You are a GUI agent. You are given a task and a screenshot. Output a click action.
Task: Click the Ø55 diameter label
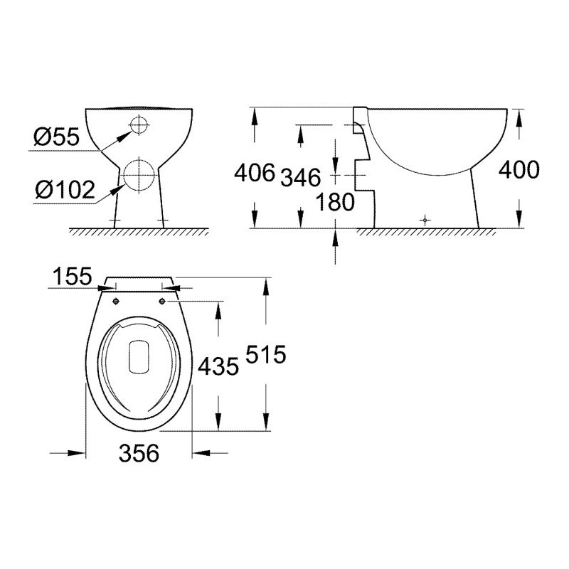[56, 137]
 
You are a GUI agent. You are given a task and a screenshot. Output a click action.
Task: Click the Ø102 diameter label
[65, 189]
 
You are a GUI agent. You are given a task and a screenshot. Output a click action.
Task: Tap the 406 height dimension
[255, 172]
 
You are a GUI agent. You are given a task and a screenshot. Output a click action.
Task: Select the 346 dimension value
[301, 177]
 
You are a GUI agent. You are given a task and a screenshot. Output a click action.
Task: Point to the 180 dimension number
[335, 202]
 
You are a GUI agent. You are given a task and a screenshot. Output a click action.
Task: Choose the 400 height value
[519, 170]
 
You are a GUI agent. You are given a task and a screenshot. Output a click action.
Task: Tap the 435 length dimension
[218, 366]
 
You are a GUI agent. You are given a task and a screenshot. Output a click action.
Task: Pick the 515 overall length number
[266, 354]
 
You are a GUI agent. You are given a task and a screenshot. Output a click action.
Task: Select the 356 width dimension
[139, 453]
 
